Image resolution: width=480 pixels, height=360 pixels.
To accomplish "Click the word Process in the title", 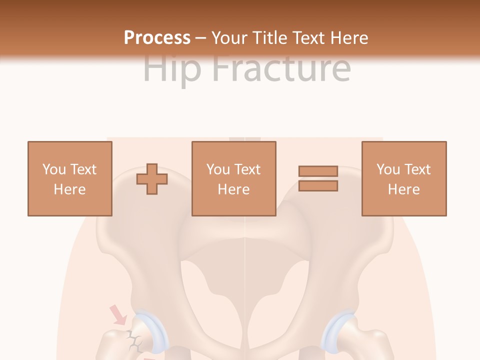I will [157, 37].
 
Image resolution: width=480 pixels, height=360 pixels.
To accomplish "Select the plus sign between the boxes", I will [152, 179].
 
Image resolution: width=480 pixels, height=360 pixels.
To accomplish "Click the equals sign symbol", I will [318, 178].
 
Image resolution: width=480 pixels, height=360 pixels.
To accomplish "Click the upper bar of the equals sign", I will [318, 171].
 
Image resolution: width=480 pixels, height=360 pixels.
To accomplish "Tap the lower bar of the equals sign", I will [318, 186].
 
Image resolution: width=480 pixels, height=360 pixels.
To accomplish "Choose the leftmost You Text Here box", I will [70, 178].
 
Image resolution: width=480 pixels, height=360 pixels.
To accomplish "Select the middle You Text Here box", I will [233, 178].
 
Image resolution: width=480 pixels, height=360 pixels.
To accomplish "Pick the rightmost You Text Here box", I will [403, 178].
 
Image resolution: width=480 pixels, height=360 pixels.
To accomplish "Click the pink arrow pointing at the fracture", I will [118, 315].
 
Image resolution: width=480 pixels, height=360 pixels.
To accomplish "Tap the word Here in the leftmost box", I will [70, 189].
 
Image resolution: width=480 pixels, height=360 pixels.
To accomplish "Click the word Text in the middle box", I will [247, 169].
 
